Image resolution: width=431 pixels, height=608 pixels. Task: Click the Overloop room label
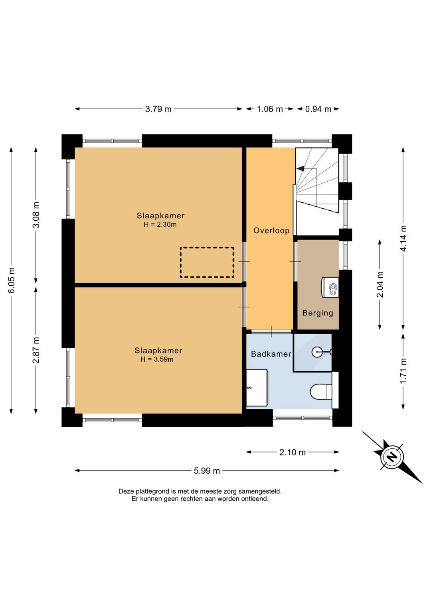click(271, 231)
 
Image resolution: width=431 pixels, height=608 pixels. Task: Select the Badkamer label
click(271, 354)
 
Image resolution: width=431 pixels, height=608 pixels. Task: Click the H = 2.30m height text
click(160, 224)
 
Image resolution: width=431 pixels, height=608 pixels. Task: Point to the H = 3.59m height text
click(157, 359)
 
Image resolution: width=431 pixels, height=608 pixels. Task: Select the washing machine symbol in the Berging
click(330, 287)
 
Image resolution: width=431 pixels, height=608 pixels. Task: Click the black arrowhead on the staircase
click(301, 169)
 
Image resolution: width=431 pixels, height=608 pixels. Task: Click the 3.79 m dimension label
click(158, 109)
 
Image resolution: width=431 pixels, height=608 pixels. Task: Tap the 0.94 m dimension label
click(318, 109)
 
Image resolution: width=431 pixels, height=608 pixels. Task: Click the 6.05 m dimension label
click(12, 280)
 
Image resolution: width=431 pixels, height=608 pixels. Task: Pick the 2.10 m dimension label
click(293, 453)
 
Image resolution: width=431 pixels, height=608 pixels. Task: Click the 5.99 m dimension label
click(207, 471)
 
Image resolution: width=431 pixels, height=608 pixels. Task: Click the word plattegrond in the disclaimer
click(153, 491)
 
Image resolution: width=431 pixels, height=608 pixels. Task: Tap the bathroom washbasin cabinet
click(257, 388)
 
